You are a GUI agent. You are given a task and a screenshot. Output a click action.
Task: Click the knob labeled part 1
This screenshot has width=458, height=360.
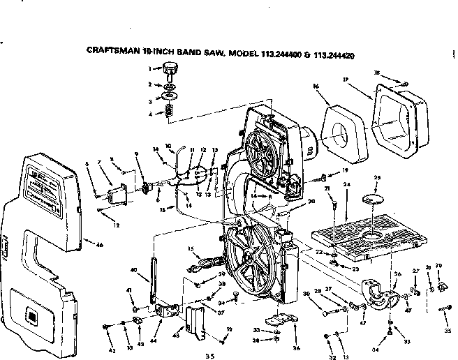170,69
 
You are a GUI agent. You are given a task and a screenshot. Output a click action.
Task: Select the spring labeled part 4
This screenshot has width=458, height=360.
168,110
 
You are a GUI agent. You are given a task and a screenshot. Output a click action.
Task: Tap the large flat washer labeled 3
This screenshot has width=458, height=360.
168,96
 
